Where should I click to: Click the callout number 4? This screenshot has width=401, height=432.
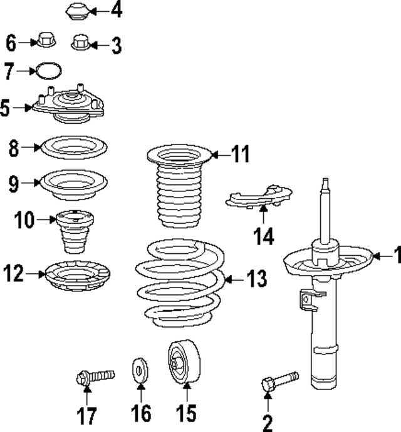pos(116,11)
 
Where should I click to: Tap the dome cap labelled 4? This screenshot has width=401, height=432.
pos(77,12)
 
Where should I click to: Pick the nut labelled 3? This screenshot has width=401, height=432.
pos(80,43)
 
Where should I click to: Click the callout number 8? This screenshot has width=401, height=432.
pos(14,149)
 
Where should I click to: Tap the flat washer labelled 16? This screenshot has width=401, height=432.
pos(140,369)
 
